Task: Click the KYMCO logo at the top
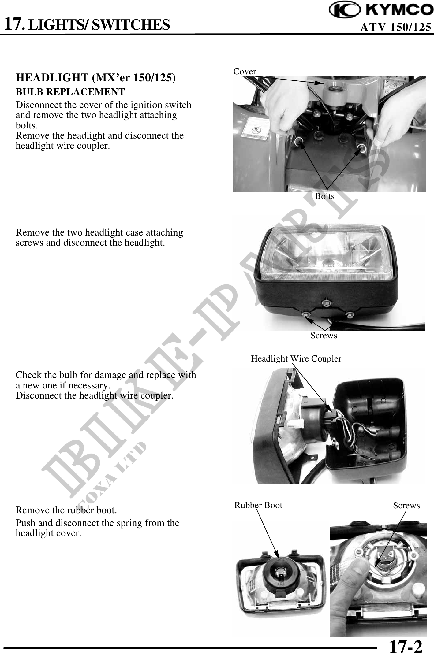point(381,11)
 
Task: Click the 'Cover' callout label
point(245,72)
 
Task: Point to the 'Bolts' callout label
point(325,196)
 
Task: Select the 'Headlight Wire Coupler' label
point(296,359)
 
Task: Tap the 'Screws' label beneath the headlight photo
point(324,336)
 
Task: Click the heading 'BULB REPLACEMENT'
point(70,92)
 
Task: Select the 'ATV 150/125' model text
point(396,28)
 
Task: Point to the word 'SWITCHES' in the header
point(131,24)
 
